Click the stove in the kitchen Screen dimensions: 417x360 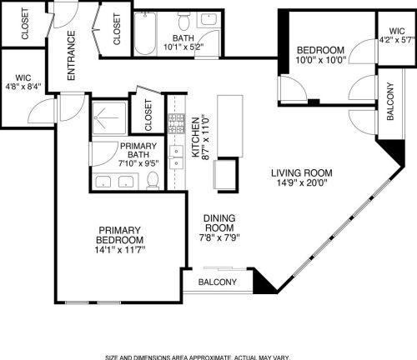point(176,123)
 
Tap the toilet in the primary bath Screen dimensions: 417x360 point(152,181)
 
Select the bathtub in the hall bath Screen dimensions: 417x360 point(145,33)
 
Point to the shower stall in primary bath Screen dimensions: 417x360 point(109,118)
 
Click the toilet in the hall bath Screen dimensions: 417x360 point(183,20)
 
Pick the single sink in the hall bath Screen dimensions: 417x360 point(208,19)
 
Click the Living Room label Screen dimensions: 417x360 point(302,173)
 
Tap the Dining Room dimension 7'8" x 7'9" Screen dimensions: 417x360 point(219,237)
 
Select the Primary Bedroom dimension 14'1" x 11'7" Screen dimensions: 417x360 point(120,250)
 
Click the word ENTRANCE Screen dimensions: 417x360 point(71,56)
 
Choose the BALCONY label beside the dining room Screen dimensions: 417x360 point(218,282)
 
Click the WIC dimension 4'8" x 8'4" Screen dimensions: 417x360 point(23,86)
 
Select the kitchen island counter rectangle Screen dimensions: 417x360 point(230,126)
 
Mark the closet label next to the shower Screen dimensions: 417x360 point(148,115)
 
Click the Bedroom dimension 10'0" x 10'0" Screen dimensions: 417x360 point(320,60)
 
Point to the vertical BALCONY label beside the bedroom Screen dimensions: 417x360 point(390,101)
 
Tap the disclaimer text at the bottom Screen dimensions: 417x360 point(198,357)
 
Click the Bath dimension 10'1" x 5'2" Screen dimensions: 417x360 point(183,47)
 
